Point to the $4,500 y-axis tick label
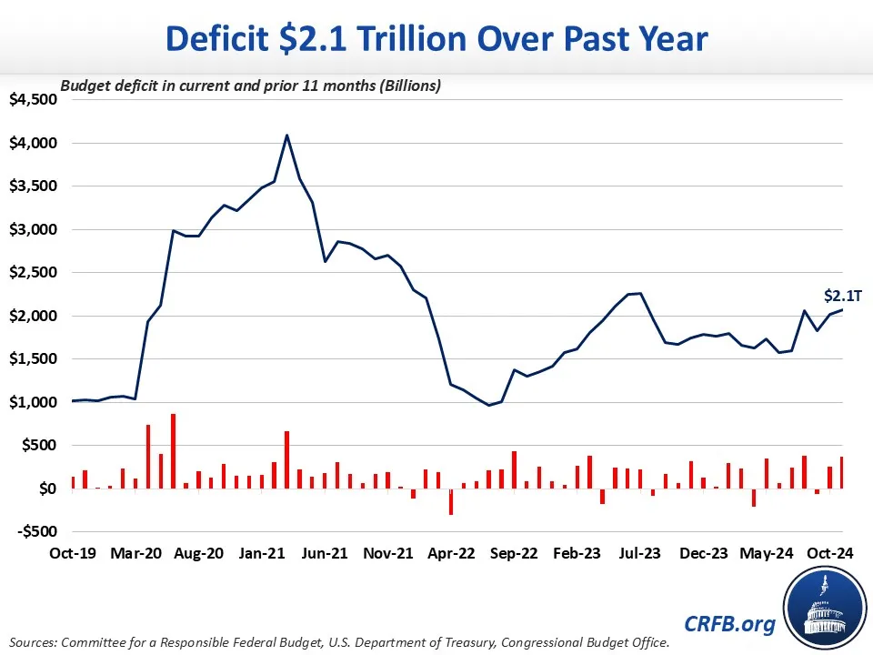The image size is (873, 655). click(33, 100)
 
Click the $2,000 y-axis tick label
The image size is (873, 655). click(33, 316)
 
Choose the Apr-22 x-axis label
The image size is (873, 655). click(451, 552)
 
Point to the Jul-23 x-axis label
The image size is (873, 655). click(640, 552)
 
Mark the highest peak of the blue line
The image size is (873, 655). click(287, 136)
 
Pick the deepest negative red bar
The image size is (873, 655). click(450, 502)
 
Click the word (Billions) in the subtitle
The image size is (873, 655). click(410, 86)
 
